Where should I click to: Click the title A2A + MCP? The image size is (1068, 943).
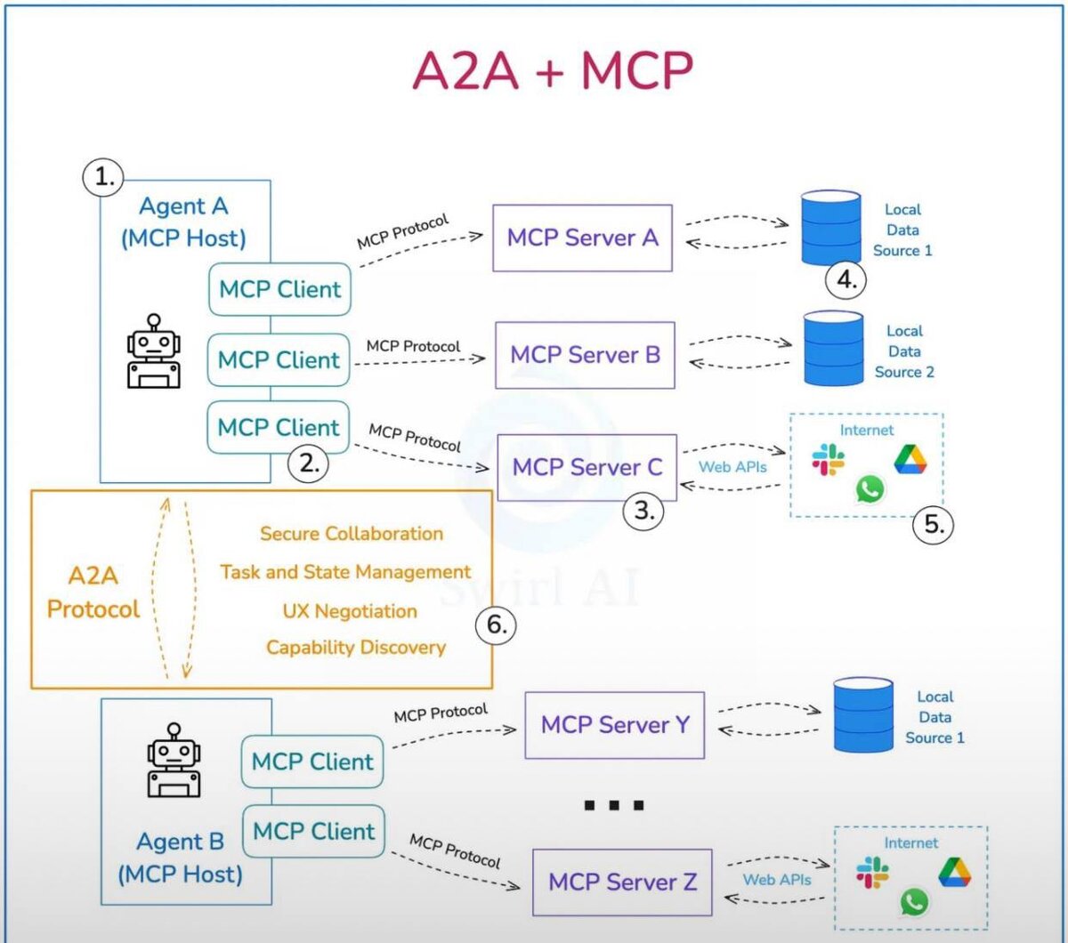click(x=552, y=71)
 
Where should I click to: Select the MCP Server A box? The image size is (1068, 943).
click(x=582, y=238)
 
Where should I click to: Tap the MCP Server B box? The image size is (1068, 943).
click(x=585, y=355)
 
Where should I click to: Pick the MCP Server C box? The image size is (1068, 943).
click(x=587, y=467)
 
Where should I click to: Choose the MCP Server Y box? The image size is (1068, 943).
click(x=614, y=725)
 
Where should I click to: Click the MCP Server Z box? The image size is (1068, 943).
click(x=622, y=883)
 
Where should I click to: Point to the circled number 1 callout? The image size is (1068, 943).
click(x=105, y=177)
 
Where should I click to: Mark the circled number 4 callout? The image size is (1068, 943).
click(x=845, y=280)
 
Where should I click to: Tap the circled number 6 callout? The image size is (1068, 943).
click(x=496, y=625)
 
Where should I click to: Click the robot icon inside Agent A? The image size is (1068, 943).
click(x=154, y=351)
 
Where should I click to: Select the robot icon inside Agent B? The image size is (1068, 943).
click(x=174, y=760)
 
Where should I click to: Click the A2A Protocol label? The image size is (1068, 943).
click(x=93, y=592)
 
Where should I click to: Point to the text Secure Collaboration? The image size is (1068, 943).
click(x=352, y=534)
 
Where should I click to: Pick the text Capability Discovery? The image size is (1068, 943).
click(x=356, y=647)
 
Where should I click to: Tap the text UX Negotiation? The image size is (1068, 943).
click(x=350, y=611)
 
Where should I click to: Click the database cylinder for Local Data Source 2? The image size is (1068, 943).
click(x=833, y=348)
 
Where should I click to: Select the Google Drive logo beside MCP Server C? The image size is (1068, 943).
click(x=910, y=459)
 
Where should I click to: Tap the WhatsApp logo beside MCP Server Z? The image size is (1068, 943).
click(x=914, y=901)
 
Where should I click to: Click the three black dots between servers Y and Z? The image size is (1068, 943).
click(x=613, y=805)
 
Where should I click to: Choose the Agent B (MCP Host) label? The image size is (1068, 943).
click(x=181, y=858)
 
